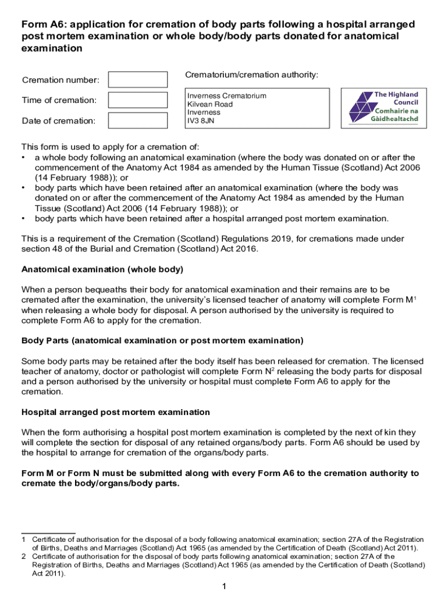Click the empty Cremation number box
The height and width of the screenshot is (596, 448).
pyautogui.click(x=138, y=80)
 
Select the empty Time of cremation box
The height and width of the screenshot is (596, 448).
pyautogui.click(x=138, y=100)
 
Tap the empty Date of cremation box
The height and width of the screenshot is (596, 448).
pyautogui.click(x=138, y=120)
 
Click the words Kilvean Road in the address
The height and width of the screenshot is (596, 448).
pyautogui.click(x=209, y=104)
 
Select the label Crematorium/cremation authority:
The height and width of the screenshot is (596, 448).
pyautogui.click(x=251, y=75)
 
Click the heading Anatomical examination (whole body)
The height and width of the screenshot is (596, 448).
pyautogui.click(x=102, y=269)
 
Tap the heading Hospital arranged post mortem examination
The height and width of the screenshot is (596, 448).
pyautogui.click(x=116, y=412)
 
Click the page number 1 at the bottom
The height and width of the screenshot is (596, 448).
pyautogui.click(x=224, y=586)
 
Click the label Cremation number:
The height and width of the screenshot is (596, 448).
pyautogui.click(x=61, y=80)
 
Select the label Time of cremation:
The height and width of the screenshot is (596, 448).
pyautogui.click(x=59, y=100)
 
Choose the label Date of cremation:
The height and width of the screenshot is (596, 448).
pyautogui.click(x=58, y=121)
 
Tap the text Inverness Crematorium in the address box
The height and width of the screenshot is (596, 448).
pyautogui.click(x=226, y=95)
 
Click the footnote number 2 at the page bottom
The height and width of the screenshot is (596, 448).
pyautogui.click(x=23, y=556)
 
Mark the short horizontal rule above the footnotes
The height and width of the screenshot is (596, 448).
pyautogui.click(x=48, y=533)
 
